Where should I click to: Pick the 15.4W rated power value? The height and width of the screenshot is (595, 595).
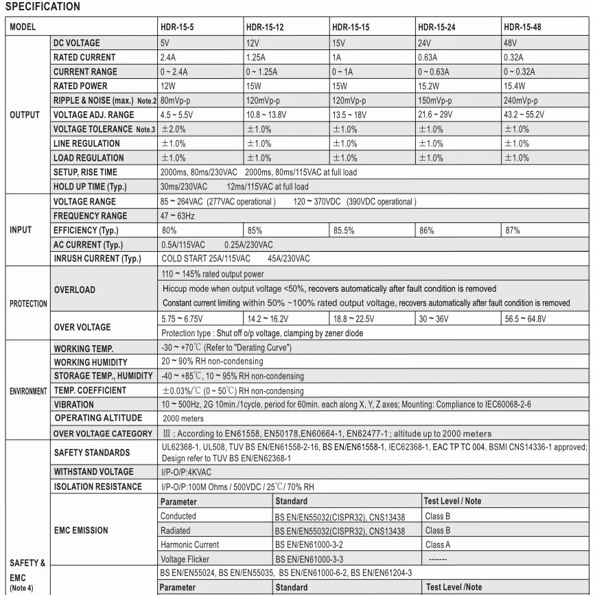tap(515, 86)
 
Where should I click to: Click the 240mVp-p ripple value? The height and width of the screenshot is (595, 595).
tap(523, 100)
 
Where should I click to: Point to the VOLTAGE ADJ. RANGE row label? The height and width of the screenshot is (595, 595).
tap(94, 115)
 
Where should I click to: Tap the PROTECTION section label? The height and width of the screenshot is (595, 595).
tap(27, 303)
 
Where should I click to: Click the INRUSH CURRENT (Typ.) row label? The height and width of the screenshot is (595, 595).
tap(97, 259)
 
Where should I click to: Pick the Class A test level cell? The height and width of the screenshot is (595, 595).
tap(438, 544)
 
